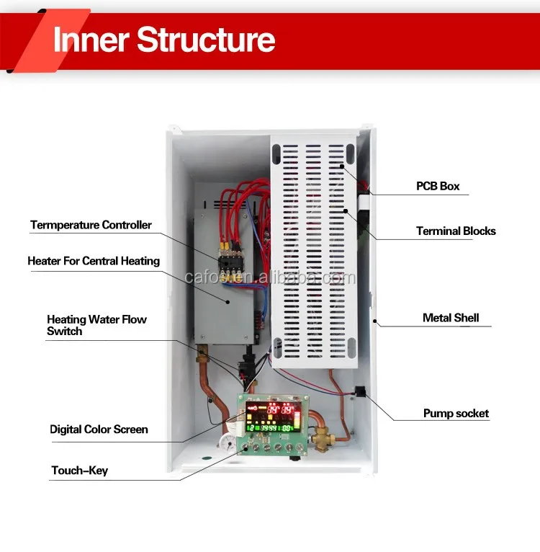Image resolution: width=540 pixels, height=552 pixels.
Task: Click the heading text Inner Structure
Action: [164, 39]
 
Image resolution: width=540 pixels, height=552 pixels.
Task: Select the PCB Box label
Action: [437, 186]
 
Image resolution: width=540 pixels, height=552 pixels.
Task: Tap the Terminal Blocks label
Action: [456, 231]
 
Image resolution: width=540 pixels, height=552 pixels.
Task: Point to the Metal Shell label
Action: [450, 317]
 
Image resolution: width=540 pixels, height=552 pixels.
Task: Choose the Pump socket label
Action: [455, 414]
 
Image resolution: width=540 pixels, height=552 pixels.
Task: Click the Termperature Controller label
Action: [91, 225]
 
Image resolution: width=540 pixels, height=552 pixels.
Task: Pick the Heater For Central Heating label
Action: [94, 261]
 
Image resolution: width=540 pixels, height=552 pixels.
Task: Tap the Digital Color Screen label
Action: [99, 429]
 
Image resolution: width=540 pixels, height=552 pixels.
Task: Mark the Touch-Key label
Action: [79, 471]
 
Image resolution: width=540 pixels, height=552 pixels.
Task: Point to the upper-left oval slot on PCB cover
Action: [278, 155]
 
